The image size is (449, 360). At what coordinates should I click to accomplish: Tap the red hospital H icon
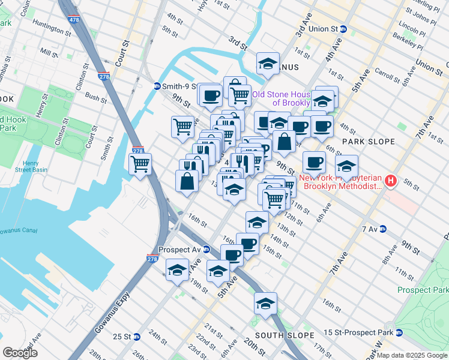pyautogui.click(x=391, y=180)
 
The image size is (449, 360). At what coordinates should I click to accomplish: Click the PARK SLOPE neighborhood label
pyautogui.click(x=369, y=142)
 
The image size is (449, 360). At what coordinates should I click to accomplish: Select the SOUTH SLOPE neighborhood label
pyautogui.click(x=284, y=335)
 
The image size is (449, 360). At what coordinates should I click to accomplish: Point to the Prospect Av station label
pyautogui.click(x=179, y=250)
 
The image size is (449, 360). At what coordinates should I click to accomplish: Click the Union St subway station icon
pyautogui.click(x=343, y=28)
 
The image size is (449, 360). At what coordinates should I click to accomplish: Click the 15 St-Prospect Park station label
pyautogui.click(x=359, y=332)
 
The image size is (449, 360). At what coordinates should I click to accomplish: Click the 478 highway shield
pyautogui.click(x=74, y=20)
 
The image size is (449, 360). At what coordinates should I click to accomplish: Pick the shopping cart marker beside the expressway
pyautogui.click(x=140, y=164)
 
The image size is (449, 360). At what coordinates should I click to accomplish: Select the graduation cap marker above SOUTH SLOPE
pyautogui.click(x=265, y=303)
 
